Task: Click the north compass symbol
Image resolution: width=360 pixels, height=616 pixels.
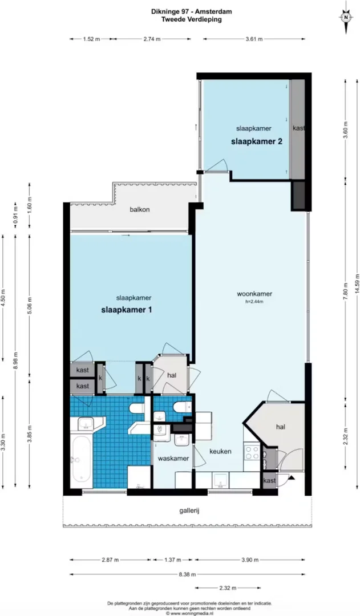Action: tap(346, 17)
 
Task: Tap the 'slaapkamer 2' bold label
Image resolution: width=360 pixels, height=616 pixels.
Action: tap(257, 141)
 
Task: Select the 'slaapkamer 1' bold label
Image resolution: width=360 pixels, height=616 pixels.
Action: tap(127, 310)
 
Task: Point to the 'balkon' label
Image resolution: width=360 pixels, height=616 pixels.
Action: tap(140, 209)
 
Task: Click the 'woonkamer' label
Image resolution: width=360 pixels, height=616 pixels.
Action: tap(254, 294)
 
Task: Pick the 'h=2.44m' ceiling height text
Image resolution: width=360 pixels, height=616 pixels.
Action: tap(254, 302)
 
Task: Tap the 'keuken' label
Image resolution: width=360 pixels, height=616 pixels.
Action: tap(220, 451)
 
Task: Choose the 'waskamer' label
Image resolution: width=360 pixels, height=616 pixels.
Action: tap(173, 459)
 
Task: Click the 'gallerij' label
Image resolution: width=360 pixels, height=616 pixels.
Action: tap(187, 510)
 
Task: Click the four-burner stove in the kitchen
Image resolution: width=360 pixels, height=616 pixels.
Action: tap(252, 452)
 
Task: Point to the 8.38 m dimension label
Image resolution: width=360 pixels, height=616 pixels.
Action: tap(187, 574)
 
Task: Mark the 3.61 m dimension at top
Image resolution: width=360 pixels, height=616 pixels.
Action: tap(254, 39)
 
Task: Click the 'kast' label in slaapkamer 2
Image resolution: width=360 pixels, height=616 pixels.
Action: tap(299, 128)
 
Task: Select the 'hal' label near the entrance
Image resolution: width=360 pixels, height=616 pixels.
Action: tap(280, 427)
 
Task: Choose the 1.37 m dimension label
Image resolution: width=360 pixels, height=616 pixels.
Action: tap(172, 560)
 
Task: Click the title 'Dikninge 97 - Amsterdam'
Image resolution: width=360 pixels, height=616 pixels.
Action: tap(191, 12)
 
